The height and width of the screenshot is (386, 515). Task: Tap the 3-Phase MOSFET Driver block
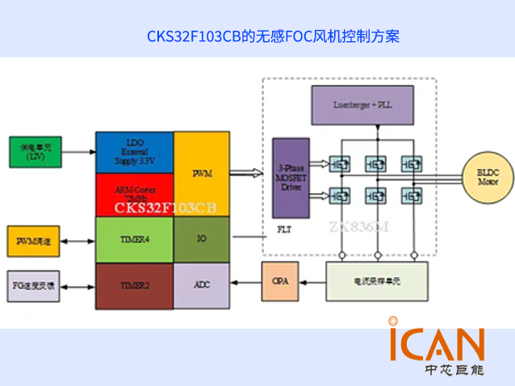click(290, 178)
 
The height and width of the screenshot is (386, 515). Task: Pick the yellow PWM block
click(202, 174)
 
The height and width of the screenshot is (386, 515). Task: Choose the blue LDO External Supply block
click(134, 152)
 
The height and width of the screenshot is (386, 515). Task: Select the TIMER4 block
click(134, 240)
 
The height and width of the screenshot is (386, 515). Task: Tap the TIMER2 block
click(134, 285)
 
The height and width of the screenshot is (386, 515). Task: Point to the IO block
click(202, 240)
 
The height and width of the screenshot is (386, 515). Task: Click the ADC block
click(202, 285)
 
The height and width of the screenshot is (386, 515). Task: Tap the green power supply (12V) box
click(35, 151)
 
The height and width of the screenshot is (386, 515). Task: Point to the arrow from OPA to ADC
click(245, 283)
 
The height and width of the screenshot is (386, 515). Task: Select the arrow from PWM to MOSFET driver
click(250, 172)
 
